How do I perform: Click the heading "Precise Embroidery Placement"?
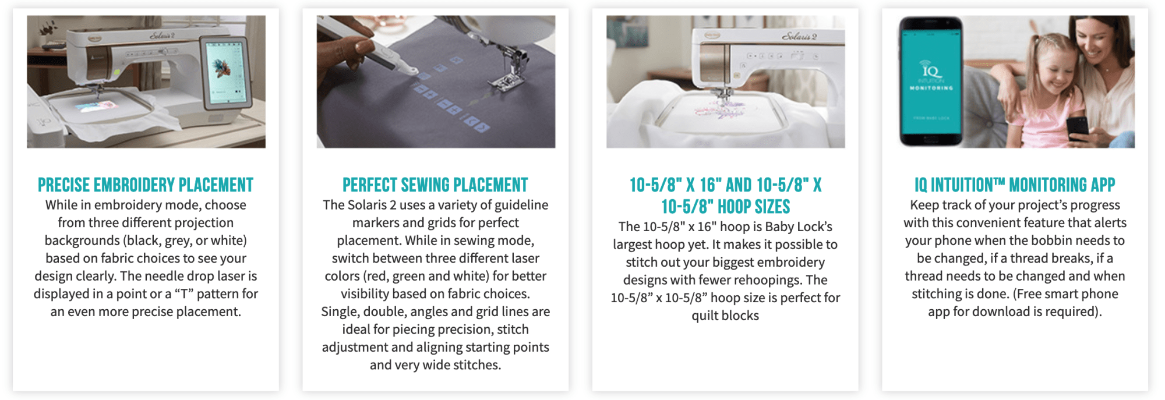coord(146,185)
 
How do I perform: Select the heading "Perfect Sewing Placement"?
coord(435,185)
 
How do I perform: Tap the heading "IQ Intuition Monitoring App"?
coord(1015,185)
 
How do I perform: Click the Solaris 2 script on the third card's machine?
coord(799,37)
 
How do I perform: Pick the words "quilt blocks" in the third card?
coord(725,316)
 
